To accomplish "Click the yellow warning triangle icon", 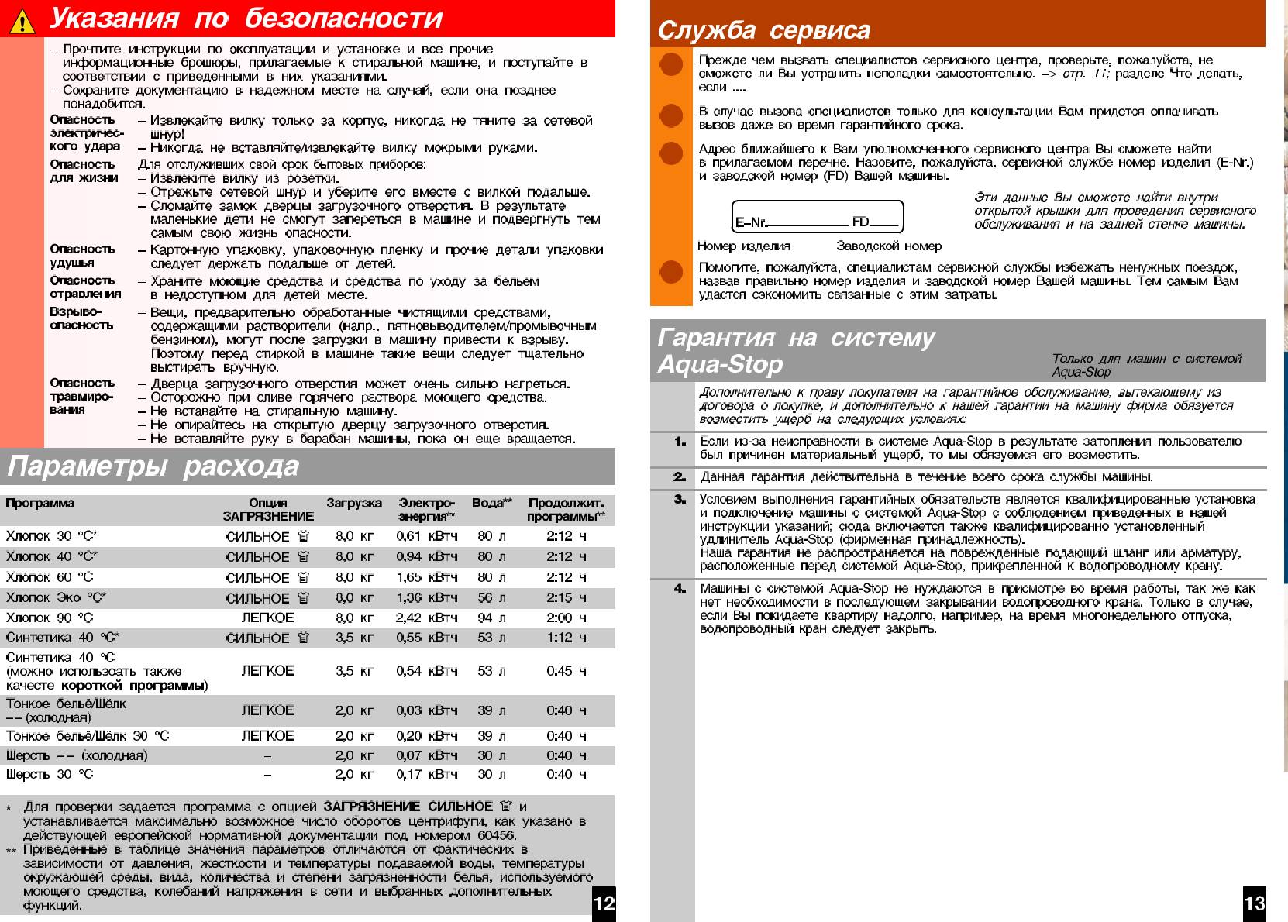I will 22,21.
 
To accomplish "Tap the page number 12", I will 604,903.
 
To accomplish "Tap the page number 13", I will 1254,903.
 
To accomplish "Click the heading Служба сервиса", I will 763,30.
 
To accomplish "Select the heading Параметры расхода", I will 153,466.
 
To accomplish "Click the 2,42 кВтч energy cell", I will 426,618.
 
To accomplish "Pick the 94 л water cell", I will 491,618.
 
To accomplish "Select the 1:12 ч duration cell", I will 566,638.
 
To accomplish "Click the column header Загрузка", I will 354,504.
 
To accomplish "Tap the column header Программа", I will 40,504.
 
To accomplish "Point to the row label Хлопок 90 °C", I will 50,618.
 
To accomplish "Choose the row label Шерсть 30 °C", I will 50,774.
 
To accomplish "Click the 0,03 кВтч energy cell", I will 426,710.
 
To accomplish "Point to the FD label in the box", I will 860,222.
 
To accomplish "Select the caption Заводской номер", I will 889,246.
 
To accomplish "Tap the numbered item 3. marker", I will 680,499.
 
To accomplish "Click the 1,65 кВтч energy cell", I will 426,577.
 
